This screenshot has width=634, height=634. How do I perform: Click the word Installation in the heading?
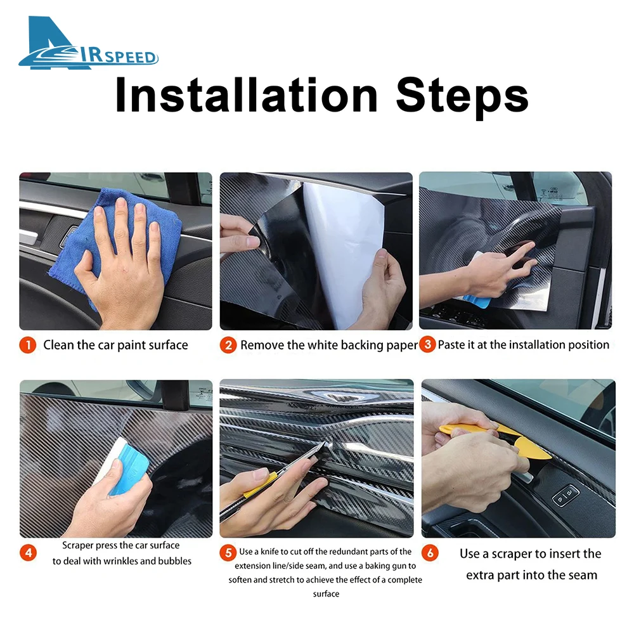click(247, 96)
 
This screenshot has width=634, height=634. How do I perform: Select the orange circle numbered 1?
click(28, 346)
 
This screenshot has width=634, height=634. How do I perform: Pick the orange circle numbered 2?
click(228, 346)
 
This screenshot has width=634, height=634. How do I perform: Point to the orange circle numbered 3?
click(427, 344)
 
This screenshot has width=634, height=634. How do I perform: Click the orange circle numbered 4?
click(29, 553)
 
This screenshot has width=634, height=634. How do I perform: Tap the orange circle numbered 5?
click(228, 553)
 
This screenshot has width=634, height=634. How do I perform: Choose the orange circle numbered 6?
click(430, 553)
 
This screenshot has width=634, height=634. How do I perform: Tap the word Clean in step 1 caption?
click(58, 345)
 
